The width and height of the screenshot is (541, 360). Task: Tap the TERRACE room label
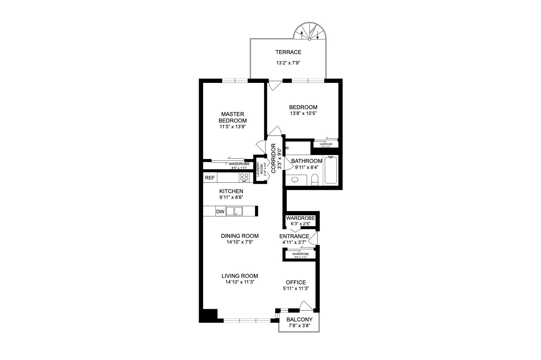[x=288, y=52]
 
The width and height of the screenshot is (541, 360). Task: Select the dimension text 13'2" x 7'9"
[x=288, y=63]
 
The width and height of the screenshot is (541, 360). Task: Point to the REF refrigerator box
[x=210, y=178]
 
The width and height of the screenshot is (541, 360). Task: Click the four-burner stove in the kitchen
[x=244, y=177]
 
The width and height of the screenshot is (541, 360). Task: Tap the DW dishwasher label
[x=220, y=212]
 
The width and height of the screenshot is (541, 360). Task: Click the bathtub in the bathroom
[x=331, y=170]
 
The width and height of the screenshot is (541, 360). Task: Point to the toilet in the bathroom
[x=315, y=179]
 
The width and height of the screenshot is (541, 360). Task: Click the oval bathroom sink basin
[x=295, y=179]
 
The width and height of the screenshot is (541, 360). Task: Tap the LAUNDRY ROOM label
[x=260, y=169]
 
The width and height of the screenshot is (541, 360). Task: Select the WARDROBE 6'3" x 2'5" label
[x=300, y=221]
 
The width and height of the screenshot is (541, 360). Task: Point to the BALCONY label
[x=299, y=320]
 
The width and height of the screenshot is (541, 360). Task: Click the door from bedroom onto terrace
[x=274, y=85]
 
